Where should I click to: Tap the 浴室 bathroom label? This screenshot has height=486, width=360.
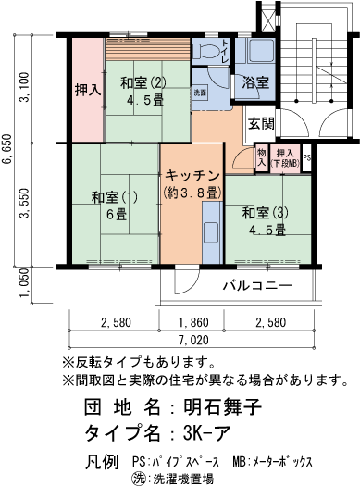[x=256, y=82]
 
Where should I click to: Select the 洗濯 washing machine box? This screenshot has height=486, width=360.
[x=201, y=93]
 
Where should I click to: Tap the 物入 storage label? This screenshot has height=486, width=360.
[x=262, y=157]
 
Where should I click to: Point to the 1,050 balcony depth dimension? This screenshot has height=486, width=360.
[x=25, y=285]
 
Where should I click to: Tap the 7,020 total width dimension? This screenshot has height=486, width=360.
[x=192, y=342]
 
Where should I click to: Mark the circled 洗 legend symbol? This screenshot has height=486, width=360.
[x=140, y=477]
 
